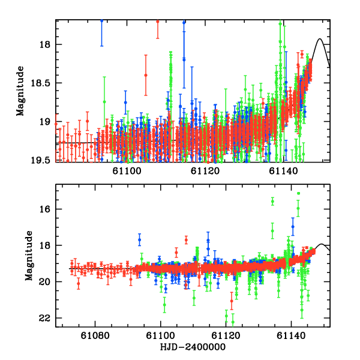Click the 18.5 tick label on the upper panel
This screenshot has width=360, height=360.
pyautogui.click(x=43, y=83)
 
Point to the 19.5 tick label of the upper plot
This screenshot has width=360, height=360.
pyautogui.click(x=43, y=160)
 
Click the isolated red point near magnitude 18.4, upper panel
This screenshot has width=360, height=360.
pyautogui.click(x=146, y=75)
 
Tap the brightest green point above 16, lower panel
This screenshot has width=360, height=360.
pyautogui.click(x=298, y=193)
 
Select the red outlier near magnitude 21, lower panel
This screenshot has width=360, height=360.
pyautogui.click(x=232, y=301)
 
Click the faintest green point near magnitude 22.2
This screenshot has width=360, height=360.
pyautogui.click(x=233, y=322)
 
